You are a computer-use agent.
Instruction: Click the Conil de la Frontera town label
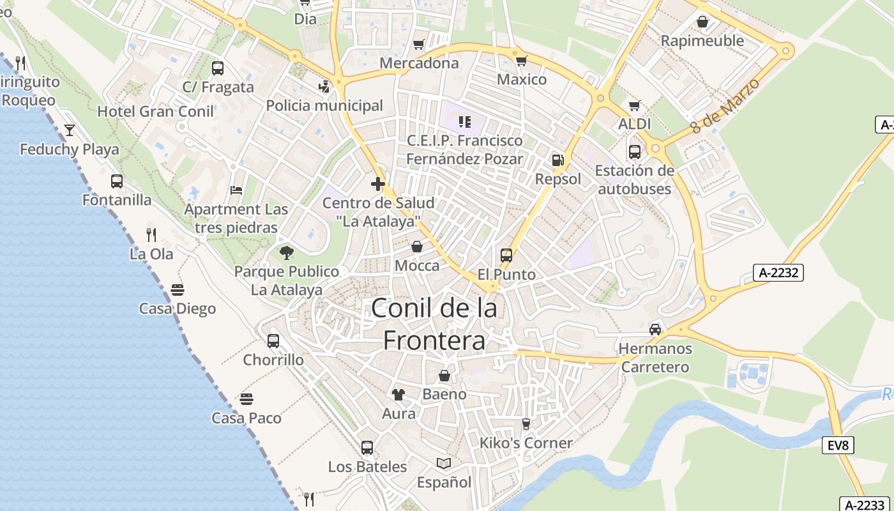pyautogui.click(x=434, y=324)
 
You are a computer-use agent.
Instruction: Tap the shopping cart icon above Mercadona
pyautogui.click(x=418, y=44)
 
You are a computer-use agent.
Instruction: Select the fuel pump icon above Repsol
pyautogui.click(x=558, y=160)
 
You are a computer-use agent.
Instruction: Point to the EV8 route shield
pyautogui.click(x=838, y=445)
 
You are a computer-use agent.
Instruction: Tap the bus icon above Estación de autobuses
pyautogui.click(x=634, y=152)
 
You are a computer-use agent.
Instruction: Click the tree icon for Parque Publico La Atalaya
pyautogui.click(x=286, y=253)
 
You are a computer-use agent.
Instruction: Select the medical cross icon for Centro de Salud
pyautogui.click(x=378, y=185)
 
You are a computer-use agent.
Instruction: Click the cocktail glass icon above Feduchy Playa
pyautogui.click(x=70, y=131)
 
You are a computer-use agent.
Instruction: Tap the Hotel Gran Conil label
pyautogui.click(x=155, y=112)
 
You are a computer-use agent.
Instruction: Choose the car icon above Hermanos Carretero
pyautogui.click(x=655, y=330)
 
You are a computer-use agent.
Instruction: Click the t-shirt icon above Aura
pyautogui.click(x=398, y=395)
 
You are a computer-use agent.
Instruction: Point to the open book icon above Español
pyautogui.click(x=444, y=463)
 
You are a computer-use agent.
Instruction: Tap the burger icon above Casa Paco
pyautogui.click(x=246, y=399)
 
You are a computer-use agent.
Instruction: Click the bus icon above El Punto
pyautogui.click(x=506, y=256)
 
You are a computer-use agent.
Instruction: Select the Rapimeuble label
pyautogui.click(x=702, y=41)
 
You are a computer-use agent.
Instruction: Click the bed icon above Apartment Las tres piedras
pyautogui.click(x=236, y=190)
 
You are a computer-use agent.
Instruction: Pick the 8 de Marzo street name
pyautogui.click(x=727, y=107)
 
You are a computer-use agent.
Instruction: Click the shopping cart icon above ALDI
pyautogui.click(x=634, y=105)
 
